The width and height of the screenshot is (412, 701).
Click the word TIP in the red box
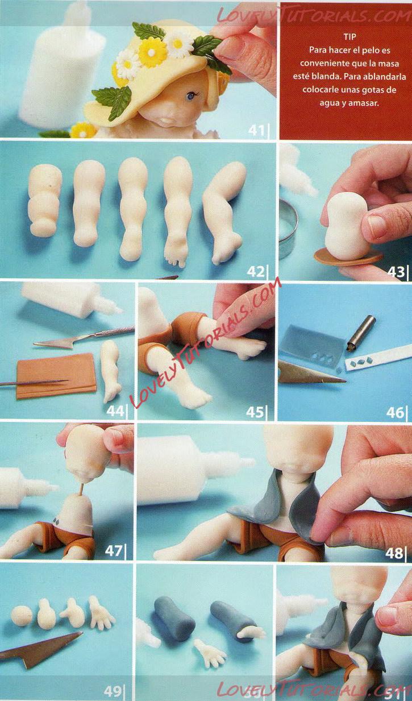click(x=349, y=36)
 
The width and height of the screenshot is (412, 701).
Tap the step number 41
click(x=256, y=130)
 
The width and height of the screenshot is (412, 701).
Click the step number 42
click(x=256, y=271)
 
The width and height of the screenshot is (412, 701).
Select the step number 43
click(x=396, y=272)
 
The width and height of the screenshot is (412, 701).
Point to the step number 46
click(x=395, y=412)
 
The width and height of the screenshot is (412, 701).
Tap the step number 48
click(x=394, y=553)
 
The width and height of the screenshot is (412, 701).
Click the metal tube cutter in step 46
click(x=362, y=333)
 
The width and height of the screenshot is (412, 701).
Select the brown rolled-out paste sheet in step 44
click(x=56, y=376)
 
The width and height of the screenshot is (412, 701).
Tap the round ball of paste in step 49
click(x=21, y=616)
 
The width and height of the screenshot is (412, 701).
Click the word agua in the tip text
click(x=327, y=103)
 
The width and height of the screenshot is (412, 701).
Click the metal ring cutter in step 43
click(x=287, y=231)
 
